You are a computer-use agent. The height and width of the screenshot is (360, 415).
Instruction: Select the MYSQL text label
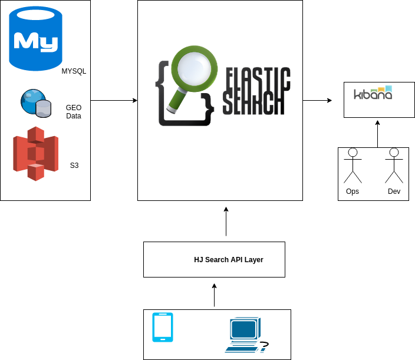(x=74, y=71)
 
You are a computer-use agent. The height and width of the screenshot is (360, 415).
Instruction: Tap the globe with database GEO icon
(x=35, y=103)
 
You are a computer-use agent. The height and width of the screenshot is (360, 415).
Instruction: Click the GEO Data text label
(x=74, y=112)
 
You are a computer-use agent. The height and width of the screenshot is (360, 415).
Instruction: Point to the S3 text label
(x=74, y=166)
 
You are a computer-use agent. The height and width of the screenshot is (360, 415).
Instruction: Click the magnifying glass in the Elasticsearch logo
(x=189, y=71)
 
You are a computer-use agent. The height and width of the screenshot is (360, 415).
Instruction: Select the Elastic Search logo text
(x=256, y=91)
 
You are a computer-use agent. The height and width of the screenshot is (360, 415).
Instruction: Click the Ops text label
(x=353, y=192)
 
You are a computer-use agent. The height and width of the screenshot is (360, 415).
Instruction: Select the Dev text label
(x=394, y=192)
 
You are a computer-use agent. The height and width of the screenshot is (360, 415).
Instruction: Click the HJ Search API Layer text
(x=229, y=259)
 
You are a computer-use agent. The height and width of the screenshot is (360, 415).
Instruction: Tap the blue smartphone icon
(x=163, y=328)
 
